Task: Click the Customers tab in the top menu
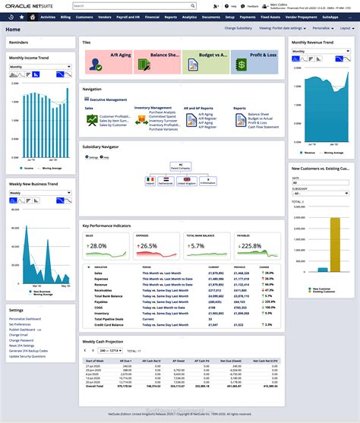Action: tap(84, 16)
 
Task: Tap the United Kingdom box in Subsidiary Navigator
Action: tap(186, 182)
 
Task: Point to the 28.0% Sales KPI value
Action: tap(98, 246)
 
